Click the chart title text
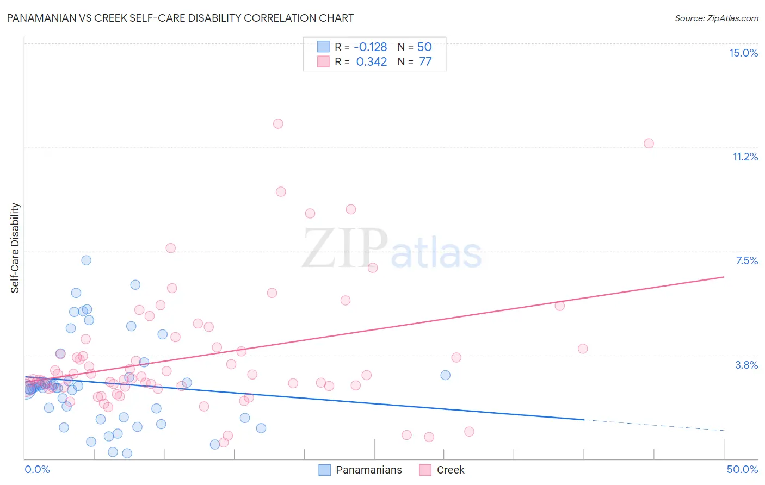click(180, 18)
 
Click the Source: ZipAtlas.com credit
click(716, 18)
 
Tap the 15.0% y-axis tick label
click(743, 53)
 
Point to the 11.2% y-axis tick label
click(745, 157)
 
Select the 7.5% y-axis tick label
click(747, 260)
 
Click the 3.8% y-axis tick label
click(747, 365)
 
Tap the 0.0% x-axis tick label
click(37, 469)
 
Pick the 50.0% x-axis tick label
click(742, 469)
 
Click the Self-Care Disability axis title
click(15, 248)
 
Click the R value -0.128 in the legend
click(370, 47)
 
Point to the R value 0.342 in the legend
click(372, 61)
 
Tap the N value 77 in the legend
click(425, 61)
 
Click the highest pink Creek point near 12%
click(278, 123)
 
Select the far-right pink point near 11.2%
click(649, 144)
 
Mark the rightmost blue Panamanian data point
click(445, 375)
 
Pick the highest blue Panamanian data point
click(86, 260)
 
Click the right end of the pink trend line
click(724, 277)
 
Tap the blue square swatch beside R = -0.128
click(323, 47)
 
